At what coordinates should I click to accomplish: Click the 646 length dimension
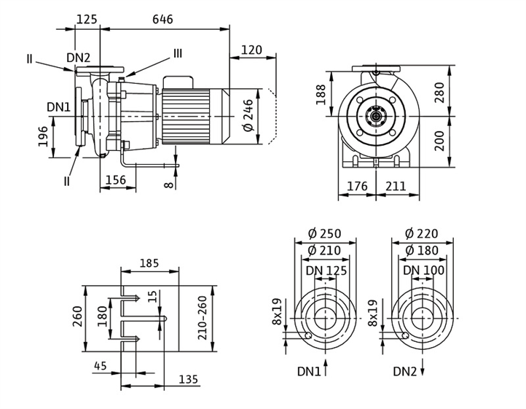tap(162, 20)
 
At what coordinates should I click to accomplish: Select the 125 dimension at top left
tap(87, 20)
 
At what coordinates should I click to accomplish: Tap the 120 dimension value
tap(251, 50)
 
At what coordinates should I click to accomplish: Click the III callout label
tap(178, 53)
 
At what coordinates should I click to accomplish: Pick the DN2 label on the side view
tap(79, 58)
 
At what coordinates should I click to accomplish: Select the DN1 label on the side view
tap(59, 107)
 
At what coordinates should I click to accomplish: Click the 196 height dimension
tap(43, 136)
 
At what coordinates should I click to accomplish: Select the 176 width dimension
tap(357, 187)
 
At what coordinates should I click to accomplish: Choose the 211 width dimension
tap(396, 187)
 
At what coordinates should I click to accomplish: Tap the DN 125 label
tap(326, 270)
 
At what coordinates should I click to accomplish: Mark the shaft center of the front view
tap(376, 115)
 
